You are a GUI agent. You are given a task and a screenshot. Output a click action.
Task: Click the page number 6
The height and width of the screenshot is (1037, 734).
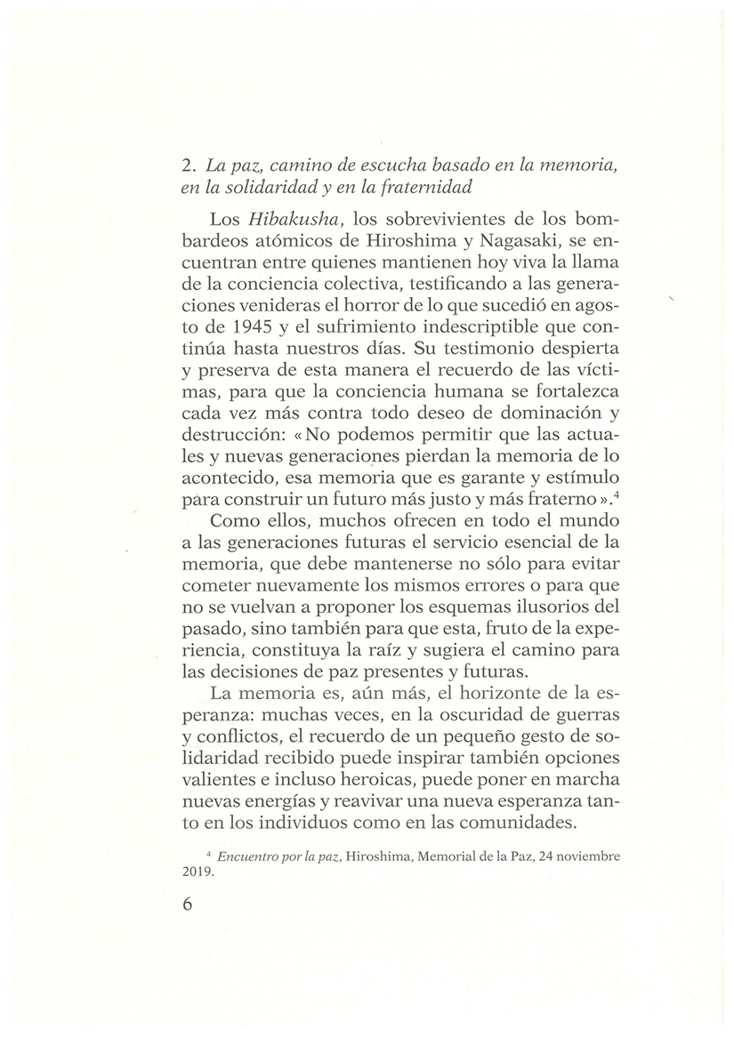coord(187,904)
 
